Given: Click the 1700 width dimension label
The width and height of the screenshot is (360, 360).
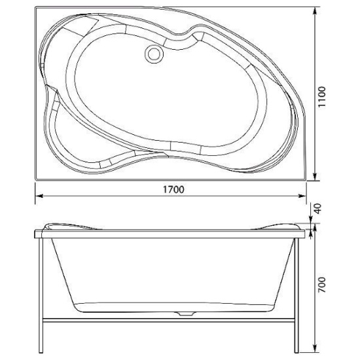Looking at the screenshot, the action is tap(173, 189).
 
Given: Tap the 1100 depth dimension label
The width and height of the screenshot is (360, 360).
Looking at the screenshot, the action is tap(322, 96).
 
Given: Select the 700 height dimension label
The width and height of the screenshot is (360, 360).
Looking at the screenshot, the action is tap(322, 285).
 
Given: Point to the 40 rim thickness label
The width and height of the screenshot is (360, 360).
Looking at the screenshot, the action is tap(317, 208).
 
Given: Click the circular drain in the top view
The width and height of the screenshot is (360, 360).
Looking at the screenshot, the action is tap(154, 54).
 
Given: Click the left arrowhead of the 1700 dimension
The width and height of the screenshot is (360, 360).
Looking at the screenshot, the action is tap(39, 196).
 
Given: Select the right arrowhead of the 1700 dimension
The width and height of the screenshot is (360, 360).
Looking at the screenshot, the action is tap(302, 196).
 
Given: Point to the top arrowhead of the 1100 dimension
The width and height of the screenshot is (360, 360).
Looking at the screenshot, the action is tap(315, 10).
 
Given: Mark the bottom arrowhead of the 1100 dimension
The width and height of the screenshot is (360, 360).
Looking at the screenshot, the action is tap(315, 176).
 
